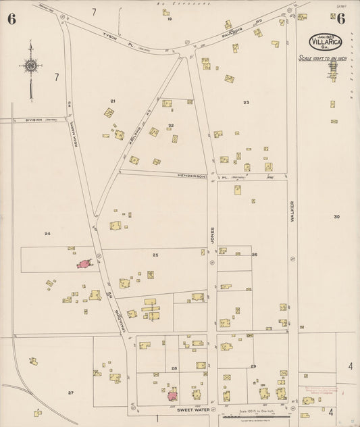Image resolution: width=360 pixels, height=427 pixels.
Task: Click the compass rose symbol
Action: coord(30,66)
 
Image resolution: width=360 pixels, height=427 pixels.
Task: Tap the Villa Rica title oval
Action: coord(326,41)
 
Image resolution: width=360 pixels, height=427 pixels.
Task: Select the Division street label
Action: coord(34,120)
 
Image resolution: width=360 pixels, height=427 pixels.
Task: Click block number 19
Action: coord(170,19)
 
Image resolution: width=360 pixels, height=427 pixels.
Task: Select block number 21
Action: coord(113,101)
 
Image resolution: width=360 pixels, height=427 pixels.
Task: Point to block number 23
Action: coord(247,103)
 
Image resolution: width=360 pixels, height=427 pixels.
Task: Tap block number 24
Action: coord(47,234)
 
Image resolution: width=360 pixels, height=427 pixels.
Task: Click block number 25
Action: coord(155,255)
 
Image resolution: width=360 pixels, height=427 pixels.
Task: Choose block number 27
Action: coord(70,393)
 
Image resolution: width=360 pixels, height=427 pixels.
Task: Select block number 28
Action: coord(174,368)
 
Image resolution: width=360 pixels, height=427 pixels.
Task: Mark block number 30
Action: coord(336,216)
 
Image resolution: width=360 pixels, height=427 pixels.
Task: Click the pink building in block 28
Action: coord(173,394)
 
